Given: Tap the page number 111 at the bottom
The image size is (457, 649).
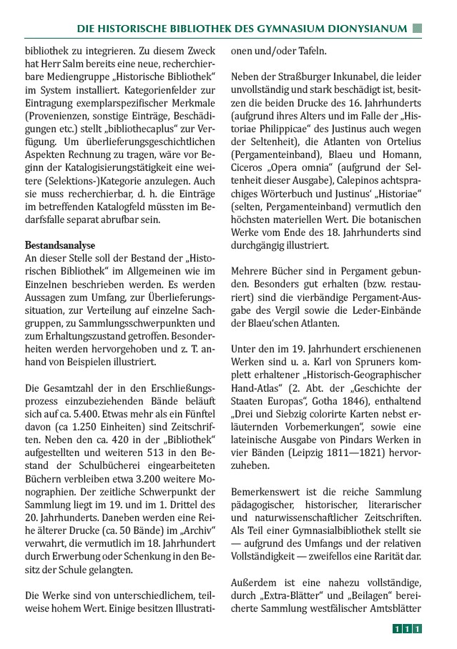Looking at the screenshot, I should [x=406, y=629].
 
